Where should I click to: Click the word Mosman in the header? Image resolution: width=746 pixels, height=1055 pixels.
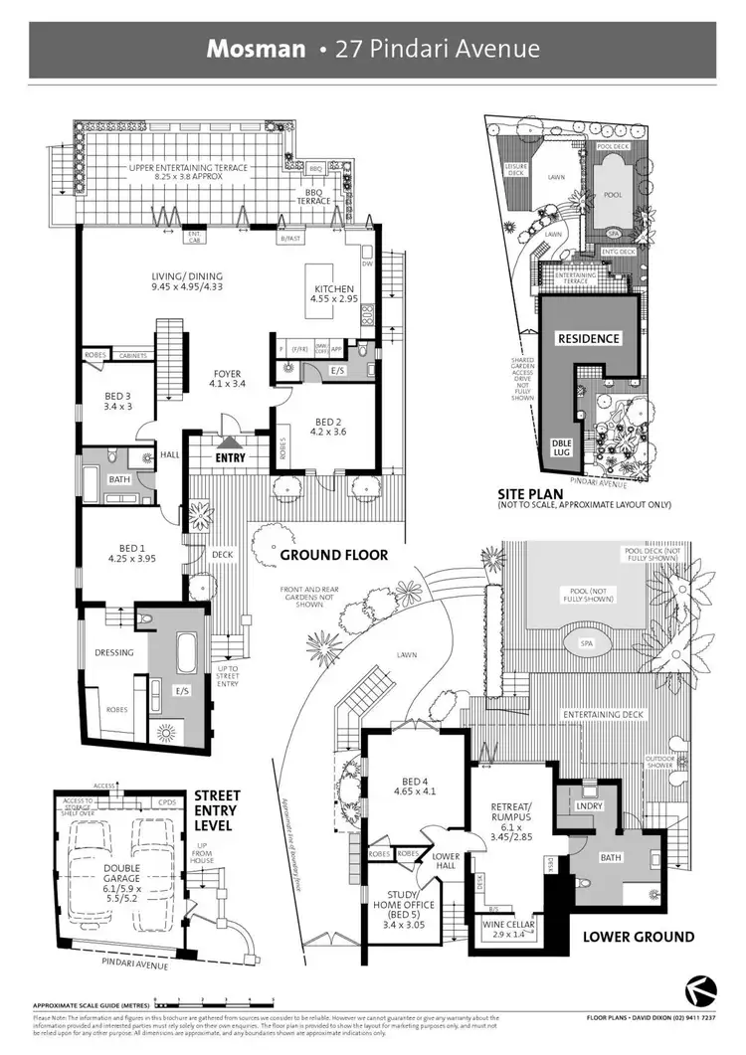pos(256,49)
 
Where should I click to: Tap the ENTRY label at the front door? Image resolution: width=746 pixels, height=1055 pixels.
pos(230,457)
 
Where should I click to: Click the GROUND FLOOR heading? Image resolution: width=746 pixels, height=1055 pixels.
pos(333,555)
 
